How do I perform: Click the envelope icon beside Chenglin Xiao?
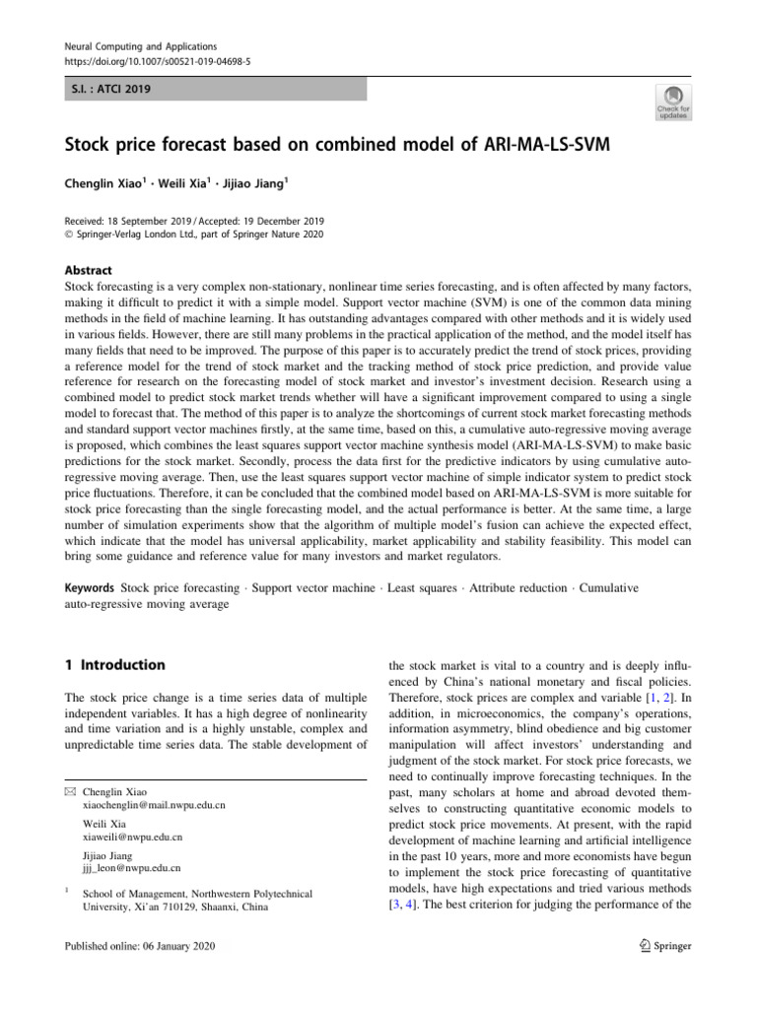pyautogui.click(x=68, y=790)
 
